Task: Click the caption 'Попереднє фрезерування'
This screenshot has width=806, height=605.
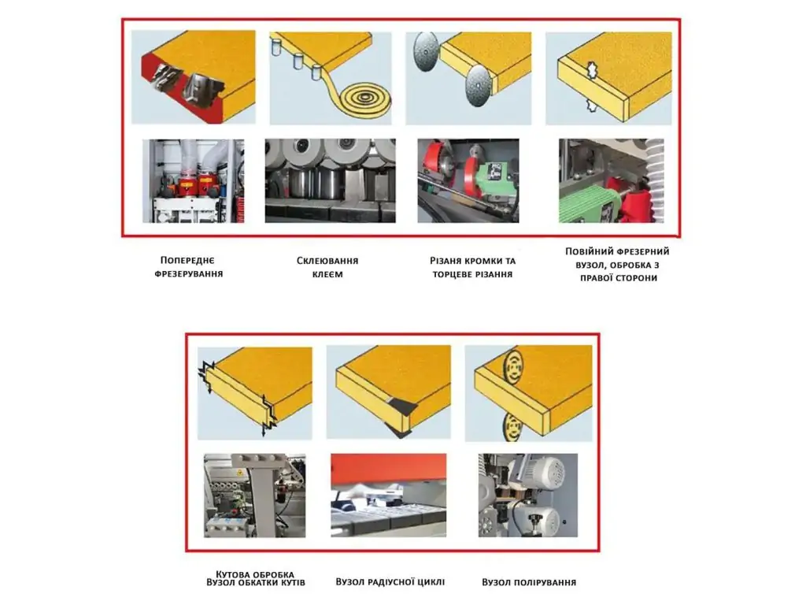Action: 189,267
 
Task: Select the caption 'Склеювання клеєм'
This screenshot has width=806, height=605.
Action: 327,268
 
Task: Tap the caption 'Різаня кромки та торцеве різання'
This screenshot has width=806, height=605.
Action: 472,268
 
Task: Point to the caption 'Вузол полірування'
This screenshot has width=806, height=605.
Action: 529,582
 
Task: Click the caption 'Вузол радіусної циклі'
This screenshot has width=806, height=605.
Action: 390,582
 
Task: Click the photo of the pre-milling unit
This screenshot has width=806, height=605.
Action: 194,180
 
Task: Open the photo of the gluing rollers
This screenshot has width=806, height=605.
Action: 331,180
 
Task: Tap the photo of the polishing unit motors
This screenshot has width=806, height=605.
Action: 528,495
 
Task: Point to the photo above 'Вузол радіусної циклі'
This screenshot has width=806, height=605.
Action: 389,495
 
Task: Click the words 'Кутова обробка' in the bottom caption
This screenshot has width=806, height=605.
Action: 255,573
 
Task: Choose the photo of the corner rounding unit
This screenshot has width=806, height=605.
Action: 255,496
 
